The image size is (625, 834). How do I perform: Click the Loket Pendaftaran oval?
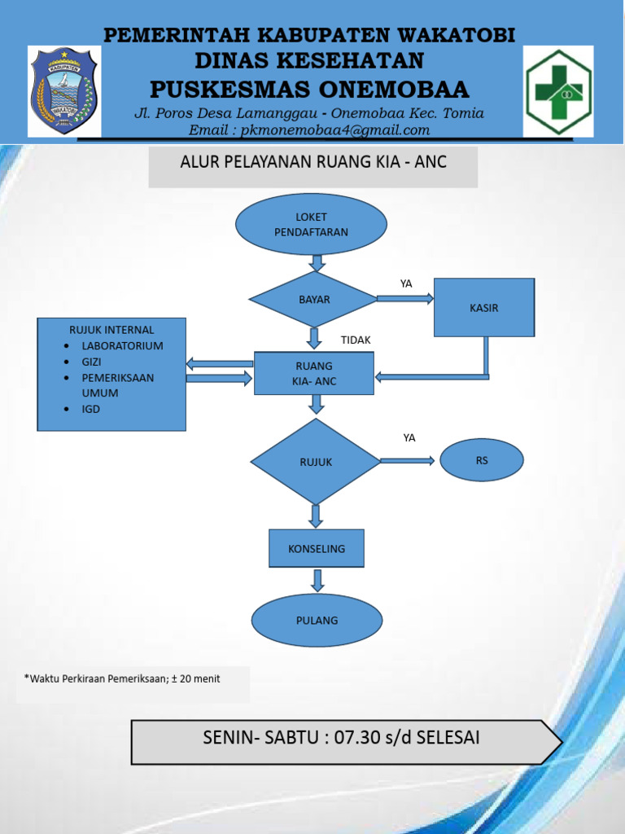pos(311,224)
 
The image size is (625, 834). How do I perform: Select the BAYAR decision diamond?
pos(313,300)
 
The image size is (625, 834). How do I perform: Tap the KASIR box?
pos(483,308)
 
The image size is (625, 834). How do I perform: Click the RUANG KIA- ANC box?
pos(314,374)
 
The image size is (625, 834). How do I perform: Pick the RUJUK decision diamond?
pos(316,462)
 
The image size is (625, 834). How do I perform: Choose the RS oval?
pos(482,461)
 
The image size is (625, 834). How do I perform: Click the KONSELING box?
pos(317,549)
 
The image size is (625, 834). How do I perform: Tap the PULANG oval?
pos(317,621)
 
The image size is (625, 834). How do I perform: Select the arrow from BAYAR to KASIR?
pos(405,299)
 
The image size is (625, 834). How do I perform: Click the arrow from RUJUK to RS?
pos(407,461)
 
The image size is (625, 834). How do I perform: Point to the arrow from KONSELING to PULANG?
pos(317,580)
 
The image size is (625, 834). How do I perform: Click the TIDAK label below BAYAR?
pos(356,339)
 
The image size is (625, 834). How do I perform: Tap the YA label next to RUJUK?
pos(409,437)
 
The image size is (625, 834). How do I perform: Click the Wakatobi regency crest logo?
pos(64,90)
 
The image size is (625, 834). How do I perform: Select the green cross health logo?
pos(557,91)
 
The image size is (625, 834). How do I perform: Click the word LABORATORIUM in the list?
pos(122,346)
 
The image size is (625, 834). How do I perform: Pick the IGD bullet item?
pos(90,409)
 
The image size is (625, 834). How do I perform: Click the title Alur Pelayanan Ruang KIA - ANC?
pos(313,163)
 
